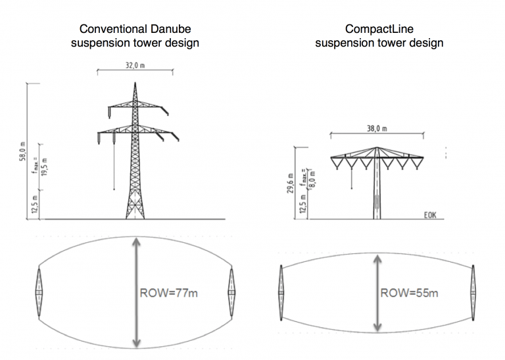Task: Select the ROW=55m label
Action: point(409,292)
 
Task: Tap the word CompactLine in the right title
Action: point(379,29)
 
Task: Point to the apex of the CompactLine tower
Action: point(377,147)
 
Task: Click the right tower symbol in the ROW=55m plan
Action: point(473,290)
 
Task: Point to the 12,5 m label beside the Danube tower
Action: point(36,204)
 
